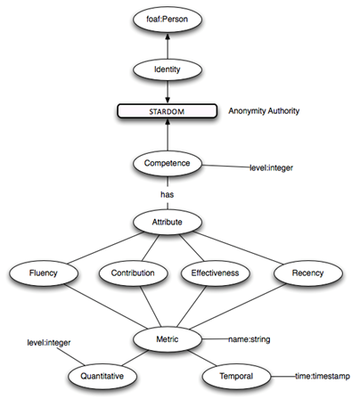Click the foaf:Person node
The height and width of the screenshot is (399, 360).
(168, 20)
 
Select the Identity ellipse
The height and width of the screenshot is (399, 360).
(168, 69)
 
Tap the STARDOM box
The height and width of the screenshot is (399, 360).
(168, 111)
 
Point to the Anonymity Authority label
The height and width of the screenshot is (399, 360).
(264, 111)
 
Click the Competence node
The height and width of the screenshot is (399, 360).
(168, 164)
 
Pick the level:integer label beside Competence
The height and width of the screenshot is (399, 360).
(271, 168)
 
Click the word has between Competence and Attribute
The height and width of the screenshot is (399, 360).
(168, 194)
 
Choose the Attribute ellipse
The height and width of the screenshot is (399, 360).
(168, 222)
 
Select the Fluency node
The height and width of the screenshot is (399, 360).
(44, 273)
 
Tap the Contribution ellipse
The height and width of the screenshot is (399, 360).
(133, 273)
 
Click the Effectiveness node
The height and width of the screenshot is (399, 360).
(215, 273)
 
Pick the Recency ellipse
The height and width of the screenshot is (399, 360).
(308, 273)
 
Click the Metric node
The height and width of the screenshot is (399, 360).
(168, 339)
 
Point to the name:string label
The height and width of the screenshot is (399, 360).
(250, 339)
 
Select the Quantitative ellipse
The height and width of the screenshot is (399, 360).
(102, 377)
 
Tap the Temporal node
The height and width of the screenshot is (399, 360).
(236, 377)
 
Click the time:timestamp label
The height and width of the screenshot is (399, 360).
(323, 377)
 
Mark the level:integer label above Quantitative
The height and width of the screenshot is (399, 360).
(49, 343)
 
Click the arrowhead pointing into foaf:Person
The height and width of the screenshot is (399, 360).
(168, 36)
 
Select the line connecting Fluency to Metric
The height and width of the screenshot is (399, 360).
(106, 306)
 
